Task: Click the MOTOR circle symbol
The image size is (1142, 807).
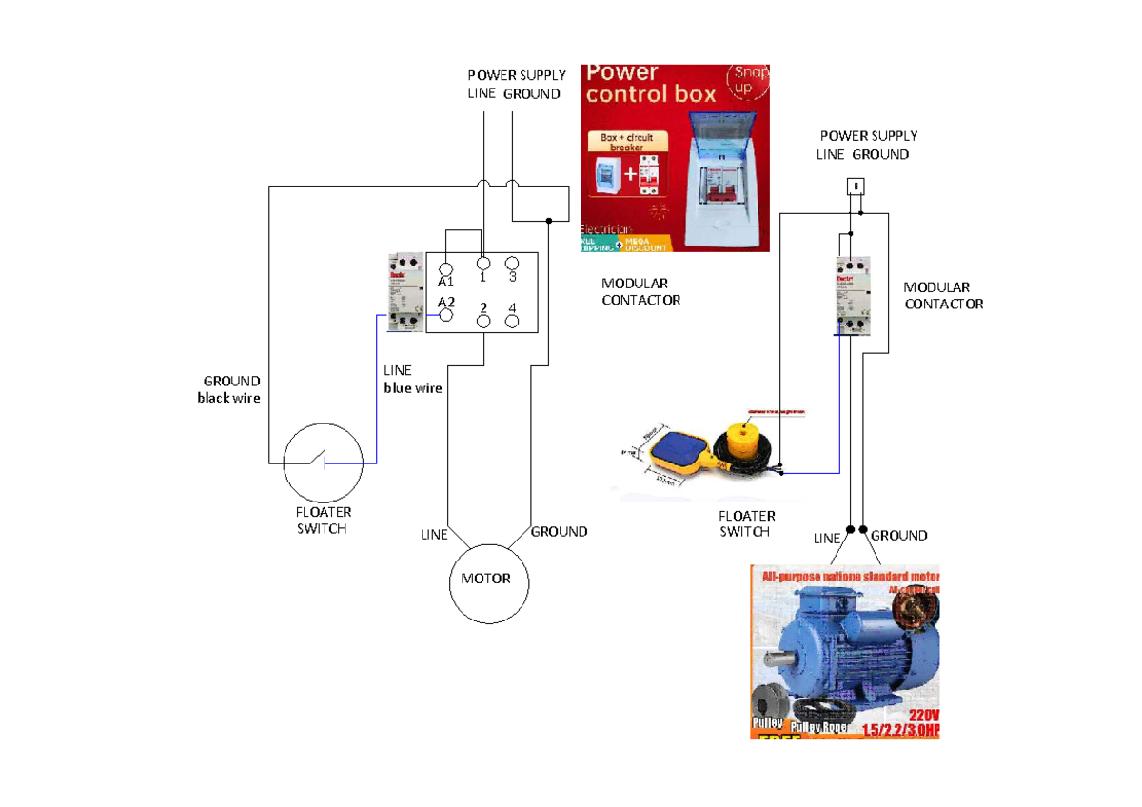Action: click(488, 581)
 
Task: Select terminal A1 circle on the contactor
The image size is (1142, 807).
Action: click(445, 270)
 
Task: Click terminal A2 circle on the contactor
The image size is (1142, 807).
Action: click(445, 314)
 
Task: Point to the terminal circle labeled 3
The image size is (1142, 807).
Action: click(512, 264)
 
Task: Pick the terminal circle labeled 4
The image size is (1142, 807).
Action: click(512, 321)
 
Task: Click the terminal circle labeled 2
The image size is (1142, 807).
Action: click(483, 321)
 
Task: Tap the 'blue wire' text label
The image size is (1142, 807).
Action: click(413, 388)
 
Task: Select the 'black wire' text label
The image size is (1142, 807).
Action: click(228, 398)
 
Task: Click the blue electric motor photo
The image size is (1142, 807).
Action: click(852, 647)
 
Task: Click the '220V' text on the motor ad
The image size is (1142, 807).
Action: click(923, 715)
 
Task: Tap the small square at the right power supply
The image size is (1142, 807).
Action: click(856, 185)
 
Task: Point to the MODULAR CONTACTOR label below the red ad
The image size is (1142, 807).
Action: click(640, 292)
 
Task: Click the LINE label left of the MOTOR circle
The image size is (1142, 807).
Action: click(434, 535)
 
